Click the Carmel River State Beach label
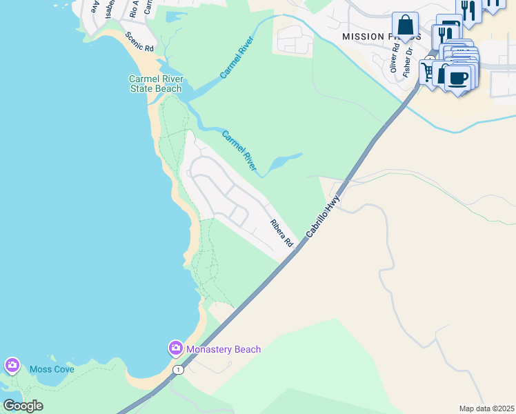pos(155,83)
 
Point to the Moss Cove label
pos(52,369)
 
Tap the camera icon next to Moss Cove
pos(12,365)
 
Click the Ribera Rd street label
pos(281,233)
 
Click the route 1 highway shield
pos(179,370)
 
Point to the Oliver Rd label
pos(394,58)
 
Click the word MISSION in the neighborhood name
pos(362,36)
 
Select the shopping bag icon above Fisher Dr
pos(405,25)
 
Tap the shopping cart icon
pos(429,71)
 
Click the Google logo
pos(23,406)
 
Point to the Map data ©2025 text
pos(486,408)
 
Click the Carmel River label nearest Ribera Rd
pos(239,150)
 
